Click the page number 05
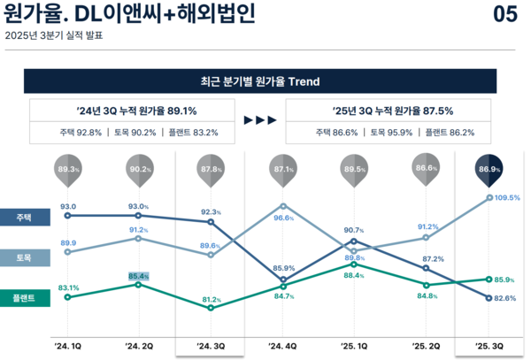[x=504, y=15]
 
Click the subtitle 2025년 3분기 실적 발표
[x=54, y=36]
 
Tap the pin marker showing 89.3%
[x=68, y=169]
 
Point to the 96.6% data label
[x=282, y=218]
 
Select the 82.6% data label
[x=505, y=298]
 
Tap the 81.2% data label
[x=212, y=300]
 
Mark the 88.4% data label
[x=353, y=275]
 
